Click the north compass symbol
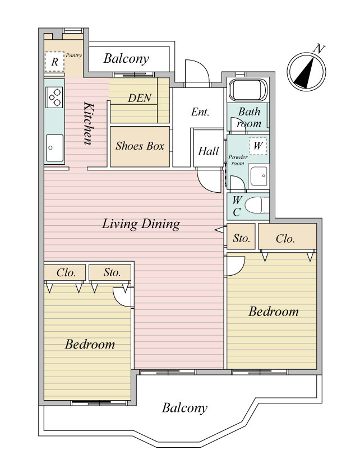pos(306,72)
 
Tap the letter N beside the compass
pos(320,48)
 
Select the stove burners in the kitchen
pos(54,97)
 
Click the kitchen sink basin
pos(54,148)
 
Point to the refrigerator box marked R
pos(54,62)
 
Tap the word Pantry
pos(73,55)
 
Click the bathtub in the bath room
pos(247,90)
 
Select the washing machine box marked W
pos(257,146)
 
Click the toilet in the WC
pos(256,206)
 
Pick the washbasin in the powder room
pos(259,176)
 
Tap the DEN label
pos(140,98)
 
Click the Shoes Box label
pos(140,146)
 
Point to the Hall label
pos(208,151)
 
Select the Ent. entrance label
pos(200,112)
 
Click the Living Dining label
pos(141,224)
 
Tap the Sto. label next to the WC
pos(241,238)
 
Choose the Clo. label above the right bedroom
pos(285,239)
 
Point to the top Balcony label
pos(126,58)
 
